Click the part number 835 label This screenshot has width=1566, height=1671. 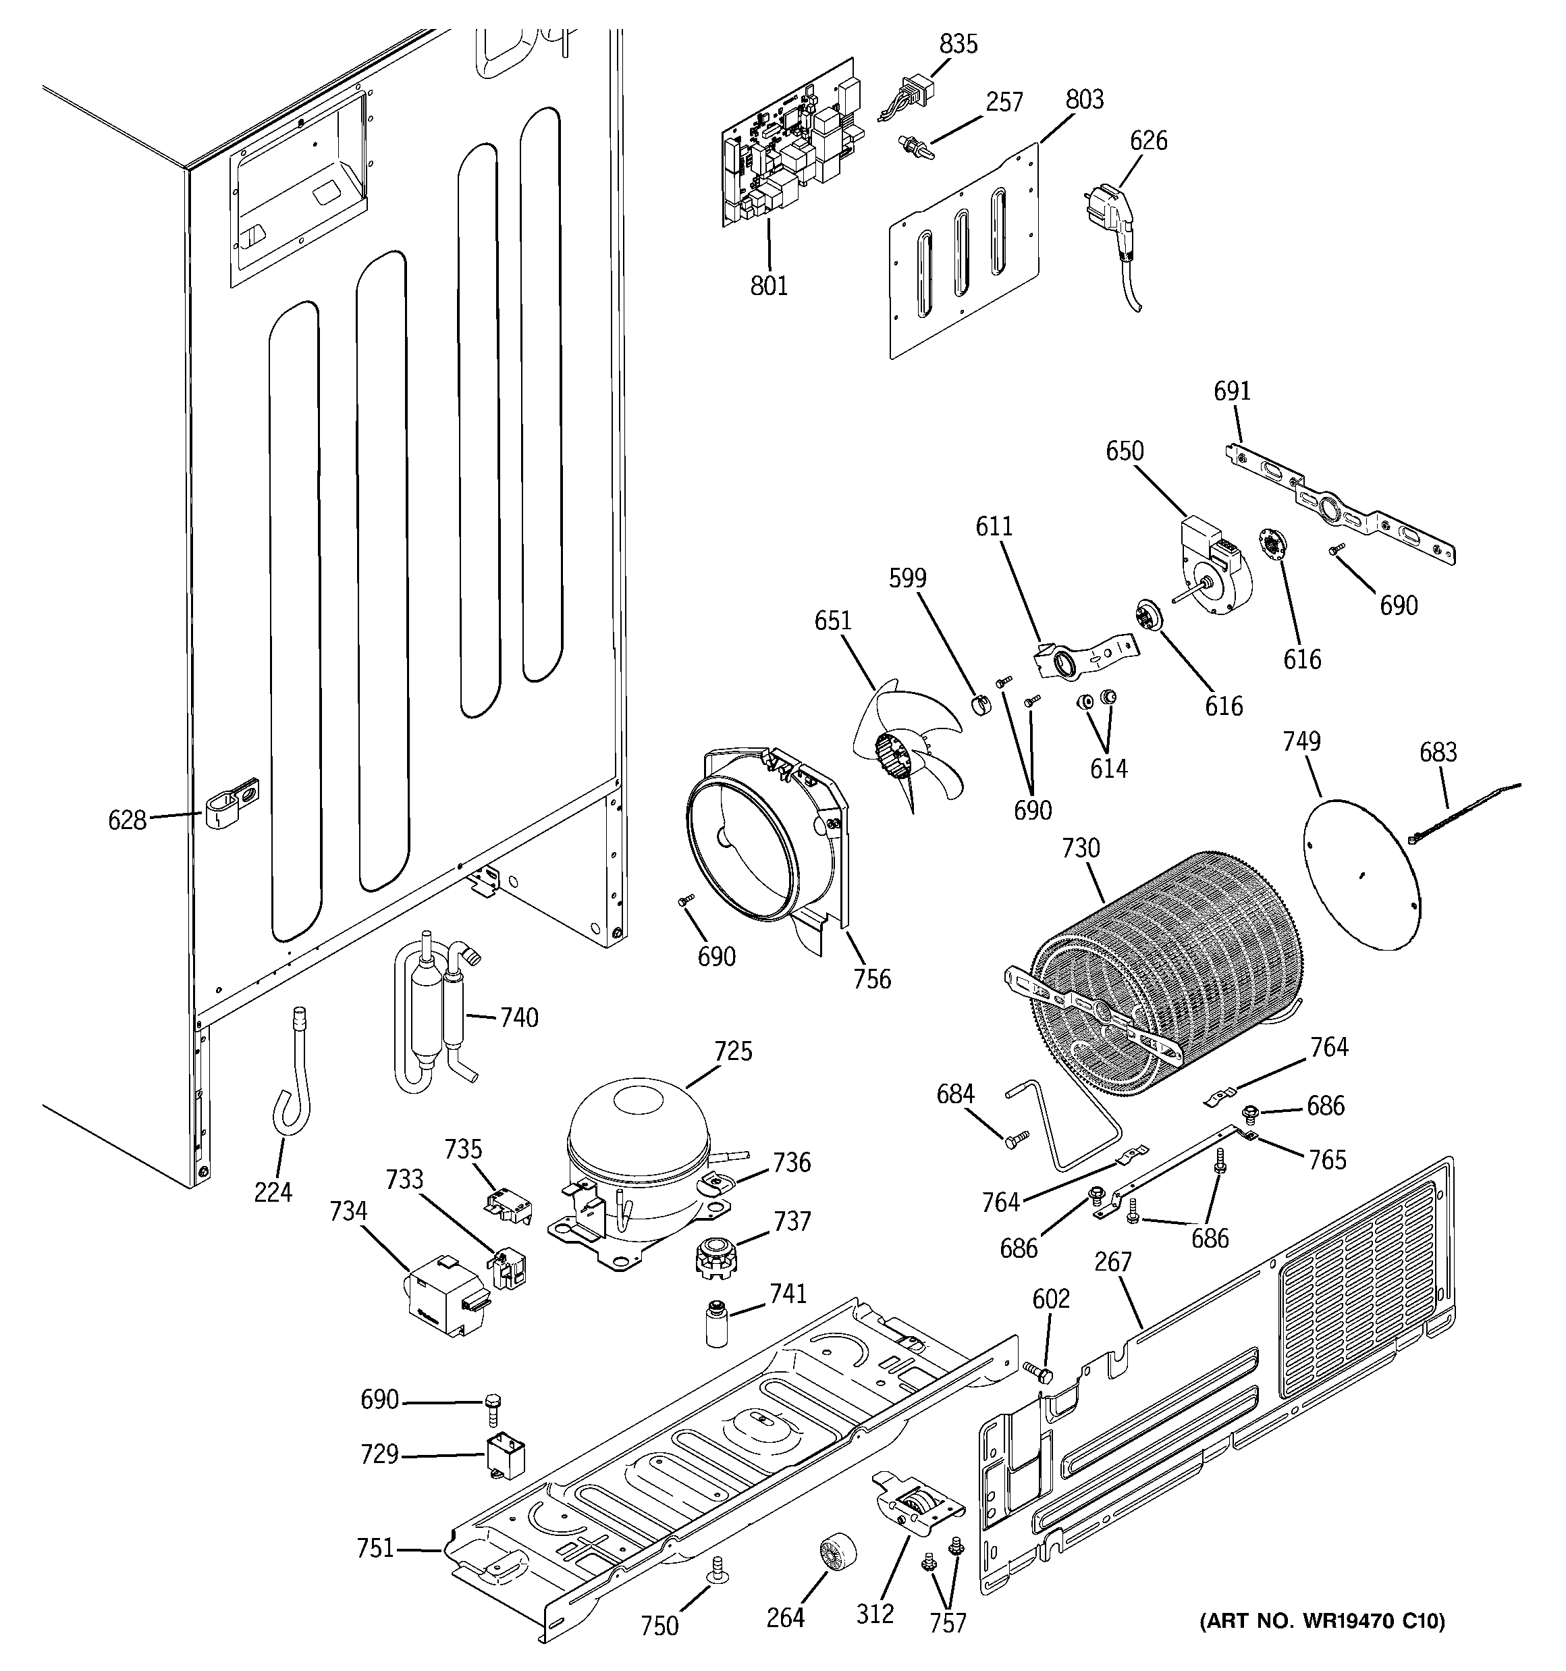point(959,44)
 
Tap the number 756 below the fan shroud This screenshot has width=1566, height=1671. point(871,978)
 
